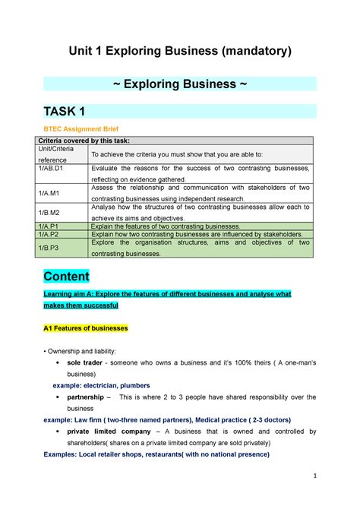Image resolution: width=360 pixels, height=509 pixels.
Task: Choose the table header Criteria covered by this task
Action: tap(92, 141)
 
